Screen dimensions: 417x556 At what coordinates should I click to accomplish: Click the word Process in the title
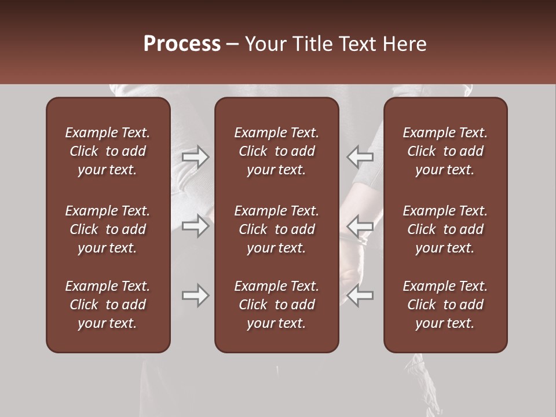[182, 44]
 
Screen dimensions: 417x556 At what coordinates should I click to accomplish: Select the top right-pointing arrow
[195, 157]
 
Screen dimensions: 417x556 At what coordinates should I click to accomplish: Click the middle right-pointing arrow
[195, 225]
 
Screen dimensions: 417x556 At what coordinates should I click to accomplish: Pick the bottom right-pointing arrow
[195, 295]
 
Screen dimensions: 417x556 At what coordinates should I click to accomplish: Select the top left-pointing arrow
[360, 157]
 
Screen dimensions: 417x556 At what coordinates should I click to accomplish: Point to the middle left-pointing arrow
[360, 225]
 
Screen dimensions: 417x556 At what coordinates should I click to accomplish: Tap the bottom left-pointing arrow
[360, 295]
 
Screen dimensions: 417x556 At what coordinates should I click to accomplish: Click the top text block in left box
[108, 151]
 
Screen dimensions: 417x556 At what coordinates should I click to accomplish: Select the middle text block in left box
[108, 229]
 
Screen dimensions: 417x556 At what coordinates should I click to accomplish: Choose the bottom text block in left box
[108, 305]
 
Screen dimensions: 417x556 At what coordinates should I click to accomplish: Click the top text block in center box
[277, 151]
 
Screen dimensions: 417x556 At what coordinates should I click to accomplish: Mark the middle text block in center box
[277, 229]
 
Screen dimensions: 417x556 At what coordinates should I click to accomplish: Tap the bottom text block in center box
[277, 305]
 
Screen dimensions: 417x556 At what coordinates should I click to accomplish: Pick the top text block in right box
[445, 151]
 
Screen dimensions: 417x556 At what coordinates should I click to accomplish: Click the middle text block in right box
[445, 229]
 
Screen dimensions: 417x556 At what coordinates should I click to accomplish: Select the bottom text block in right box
[445, 305]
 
